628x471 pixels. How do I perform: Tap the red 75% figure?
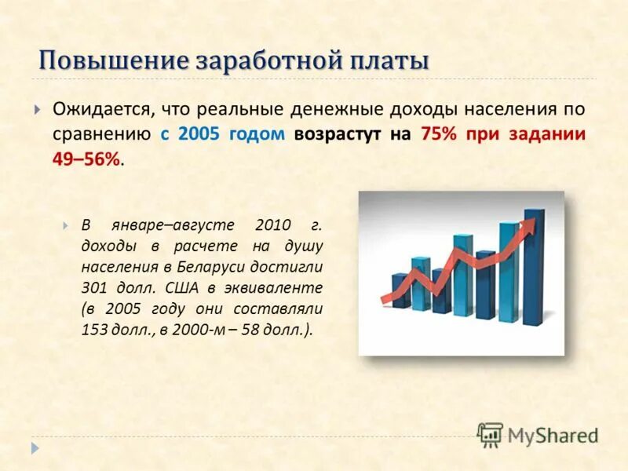click(x=439, y=133)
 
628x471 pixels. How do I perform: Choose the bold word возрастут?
click(x=341, y=133)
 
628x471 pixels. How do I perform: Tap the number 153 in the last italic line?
click(x=95, y=330)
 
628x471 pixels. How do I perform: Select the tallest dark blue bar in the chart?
click(x=535, y=267)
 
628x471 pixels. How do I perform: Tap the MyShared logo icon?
click(x=490, y=435)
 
